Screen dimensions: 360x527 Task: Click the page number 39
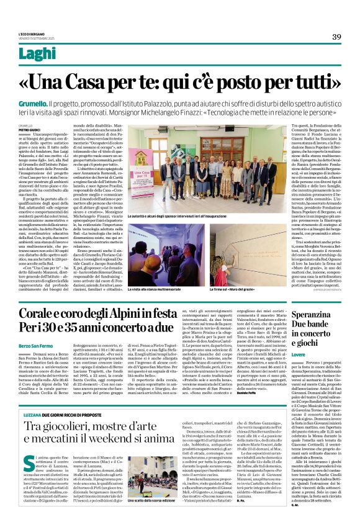coord(337,37)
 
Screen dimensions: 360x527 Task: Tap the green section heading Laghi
coord(36,55)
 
